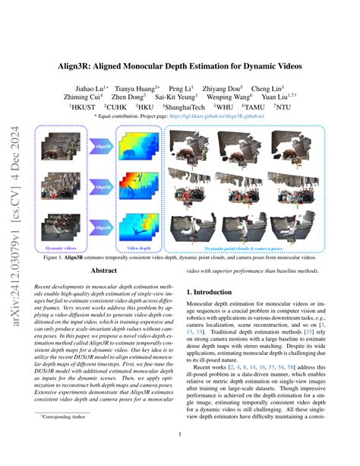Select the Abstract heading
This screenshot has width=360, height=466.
click(104, 270)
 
